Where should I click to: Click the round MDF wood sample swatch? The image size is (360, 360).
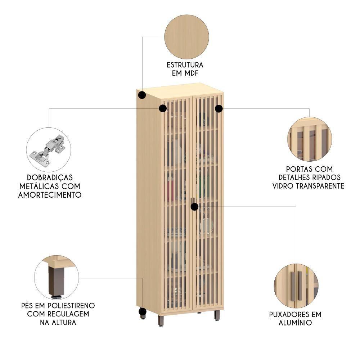(x=186, y=37)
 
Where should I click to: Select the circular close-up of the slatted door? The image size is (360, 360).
(x=309, y=139)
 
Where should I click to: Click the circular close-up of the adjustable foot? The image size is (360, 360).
(x=57, y=278)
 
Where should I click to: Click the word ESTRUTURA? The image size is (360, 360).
(x=185, y=65)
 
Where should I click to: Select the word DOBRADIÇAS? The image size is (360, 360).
(x=50, y=177)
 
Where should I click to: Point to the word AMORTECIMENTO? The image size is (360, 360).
(x=50, y=195)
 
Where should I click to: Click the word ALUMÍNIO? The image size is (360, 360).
(x=295, y=323)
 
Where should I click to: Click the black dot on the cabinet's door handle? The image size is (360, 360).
(x=194, y=207)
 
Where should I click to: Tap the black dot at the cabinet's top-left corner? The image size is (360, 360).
(x=142, y=95)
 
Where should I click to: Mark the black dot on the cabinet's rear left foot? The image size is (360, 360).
(x=143, y=311)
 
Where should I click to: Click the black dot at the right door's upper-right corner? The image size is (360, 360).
(x=219, y=108)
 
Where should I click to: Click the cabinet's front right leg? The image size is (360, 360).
(x=217, y=315)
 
